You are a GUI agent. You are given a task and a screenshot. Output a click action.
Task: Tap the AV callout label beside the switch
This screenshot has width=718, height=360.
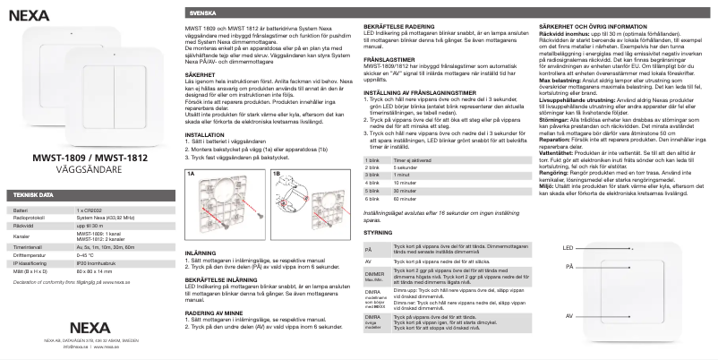pos(568,316)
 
